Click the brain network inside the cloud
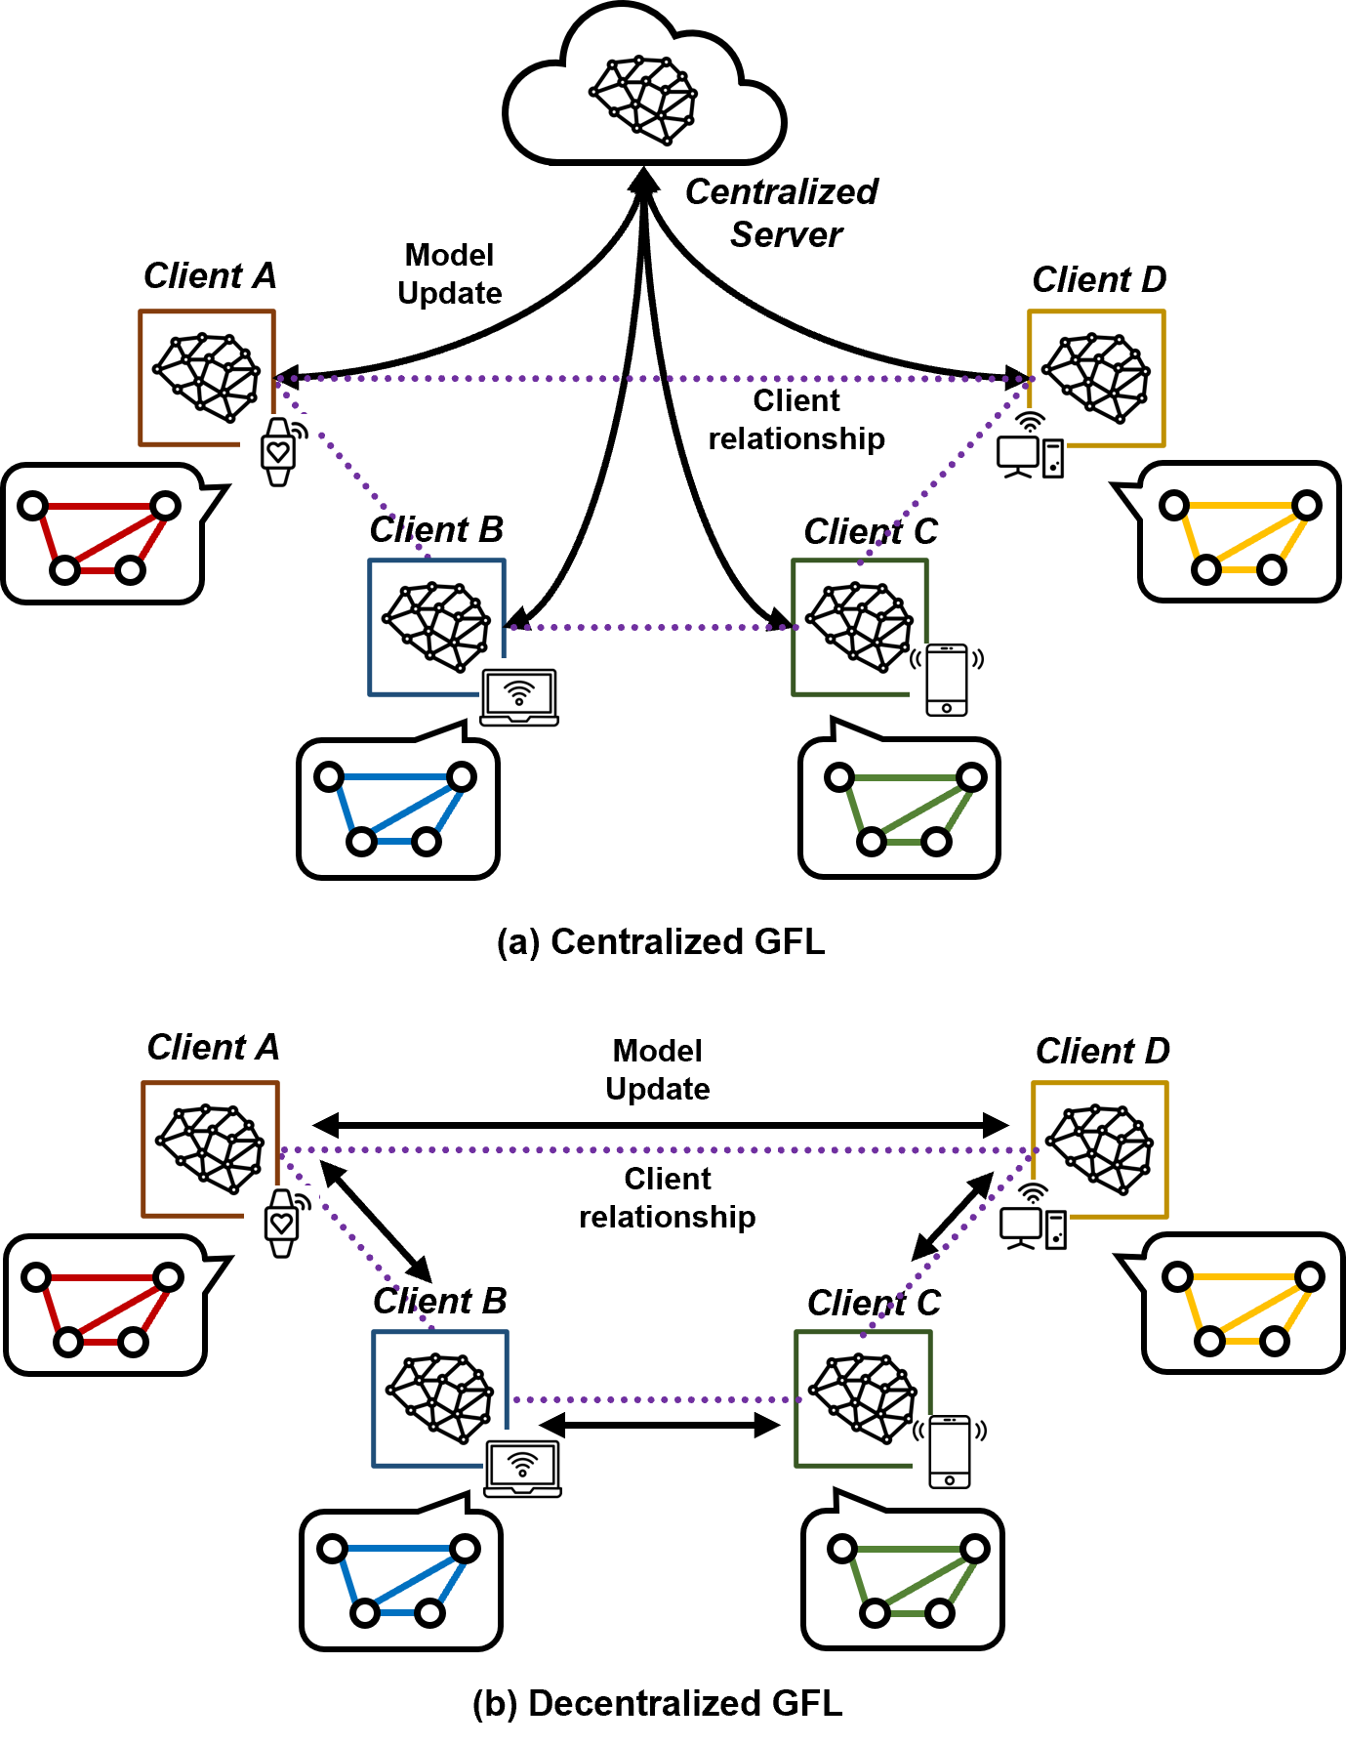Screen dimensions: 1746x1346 pyautogui.click(x=643, y=99)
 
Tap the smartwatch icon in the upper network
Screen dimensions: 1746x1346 pyautogui.click(x=278, y=452)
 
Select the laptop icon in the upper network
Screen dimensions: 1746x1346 pyautogui.click(x=519, y=697)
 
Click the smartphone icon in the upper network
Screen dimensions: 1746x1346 pyautogui.click(x=947, y=680)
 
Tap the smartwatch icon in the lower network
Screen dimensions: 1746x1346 pyautogui.click(x=281, y=1224)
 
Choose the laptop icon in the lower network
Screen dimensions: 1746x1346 pyautogui.click(x=522, y=1469)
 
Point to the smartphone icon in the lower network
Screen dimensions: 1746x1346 pyautogui.click(x=950, y=1451)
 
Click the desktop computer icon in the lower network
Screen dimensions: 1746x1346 pyautogui.click(x=1033, y=1217)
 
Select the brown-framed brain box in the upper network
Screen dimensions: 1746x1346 pyautogui.click(x=206, y=377)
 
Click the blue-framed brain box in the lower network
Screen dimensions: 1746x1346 pyautogui.click(x=439, y=1397)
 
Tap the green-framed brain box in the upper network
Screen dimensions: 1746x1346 pyautogui.click(x=858, y=626)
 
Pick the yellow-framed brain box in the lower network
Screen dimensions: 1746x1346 pyautogui.click(x=1099, y=1148)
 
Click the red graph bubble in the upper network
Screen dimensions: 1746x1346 pyautogui.click(x=102, y=534)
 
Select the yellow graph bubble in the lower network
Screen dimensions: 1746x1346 pyautogui.click(x=1243, y=1304)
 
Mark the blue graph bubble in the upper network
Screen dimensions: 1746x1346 pyautogui.click(x=398, y=809)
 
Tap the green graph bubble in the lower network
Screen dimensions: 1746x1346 pyautogui.click(x=902, y=1579)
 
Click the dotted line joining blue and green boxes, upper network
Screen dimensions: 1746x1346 pyautogui.click(x=649, y=627)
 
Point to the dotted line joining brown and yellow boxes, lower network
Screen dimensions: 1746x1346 pyautogui.click(x=654, y=1149)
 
